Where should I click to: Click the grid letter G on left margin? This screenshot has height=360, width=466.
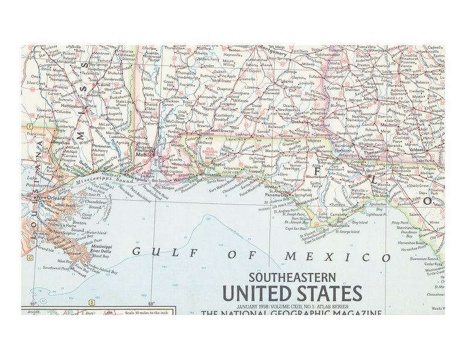[x=28, y=257]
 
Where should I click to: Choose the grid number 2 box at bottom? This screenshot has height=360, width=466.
[x=91, y=303]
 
